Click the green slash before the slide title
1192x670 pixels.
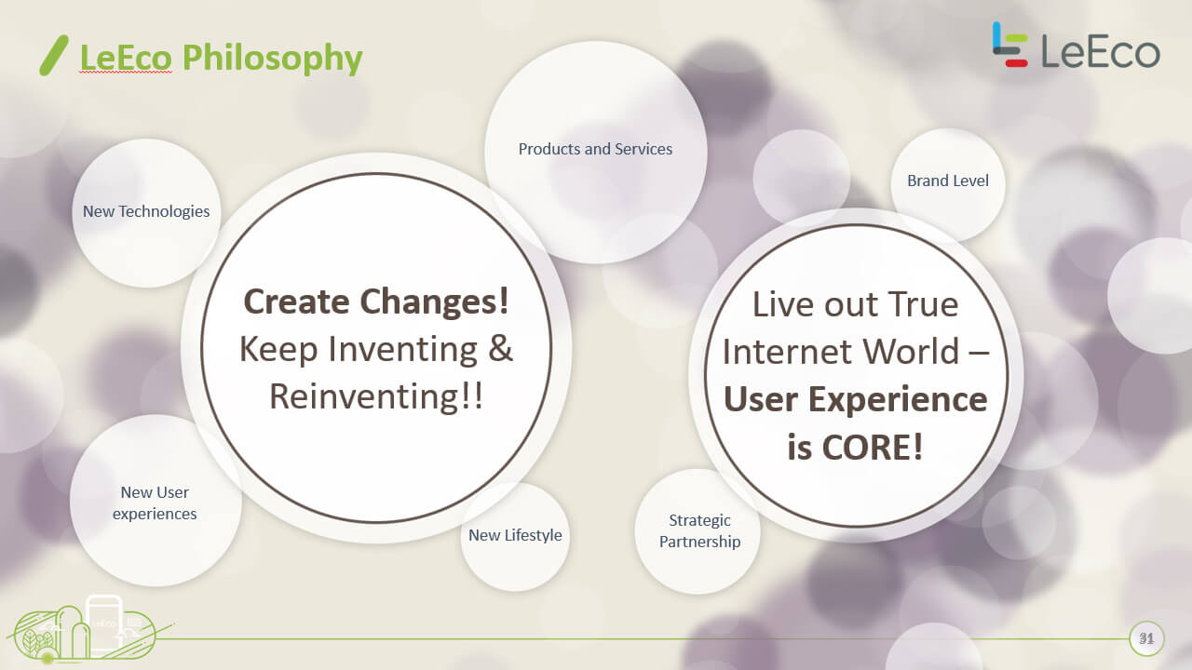[54, 55]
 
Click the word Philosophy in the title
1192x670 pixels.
[272, 59]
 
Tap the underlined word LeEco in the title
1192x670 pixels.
[126, 58]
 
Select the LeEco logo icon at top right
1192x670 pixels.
[1009, 44]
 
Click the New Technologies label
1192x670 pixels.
[146, 211]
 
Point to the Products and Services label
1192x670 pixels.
[595, 149]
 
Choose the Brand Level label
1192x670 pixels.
[948, 181]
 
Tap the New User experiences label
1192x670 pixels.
[155, 503]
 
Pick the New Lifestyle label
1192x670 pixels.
[515, 535]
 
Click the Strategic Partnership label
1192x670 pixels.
[699, 530]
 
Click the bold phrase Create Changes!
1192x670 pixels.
[376, 302]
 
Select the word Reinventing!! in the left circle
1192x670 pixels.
[376, 396]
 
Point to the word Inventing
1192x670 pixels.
[402, 349]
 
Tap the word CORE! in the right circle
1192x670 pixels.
[873, 448]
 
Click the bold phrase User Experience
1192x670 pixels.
[856, 399]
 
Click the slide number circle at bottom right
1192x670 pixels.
[1146, 638]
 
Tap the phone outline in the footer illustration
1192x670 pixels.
[104, 623]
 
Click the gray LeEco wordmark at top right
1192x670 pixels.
[1101, 51]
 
